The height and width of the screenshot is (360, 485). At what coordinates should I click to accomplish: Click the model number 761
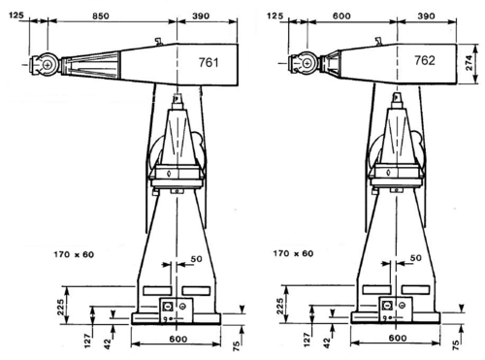coord(209,62)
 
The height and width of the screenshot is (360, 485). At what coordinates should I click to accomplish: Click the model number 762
coord(425,60)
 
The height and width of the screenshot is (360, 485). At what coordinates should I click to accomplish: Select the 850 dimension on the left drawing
coord(101,16)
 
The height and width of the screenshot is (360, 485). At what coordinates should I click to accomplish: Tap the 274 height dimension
coord(469,63)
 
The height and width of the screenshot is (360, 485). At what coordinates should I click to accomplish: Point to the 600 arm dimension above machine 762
coord(341,16)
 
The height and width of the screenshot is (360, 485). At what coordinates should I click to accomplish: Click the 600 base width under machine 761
coord(178,339)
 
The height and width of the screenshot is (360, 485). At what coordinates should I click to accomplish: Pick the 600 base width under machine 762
coord(398,338)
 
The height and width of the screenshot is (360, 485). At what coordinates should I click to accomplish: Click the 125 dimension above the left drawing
coord(16,15)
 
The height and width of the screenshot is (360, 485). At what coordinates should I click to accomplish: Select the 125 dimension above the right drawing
coord(275,16)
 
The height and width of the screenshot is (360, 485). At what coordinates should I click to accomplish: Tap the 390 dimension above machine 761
coord(201,16)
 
